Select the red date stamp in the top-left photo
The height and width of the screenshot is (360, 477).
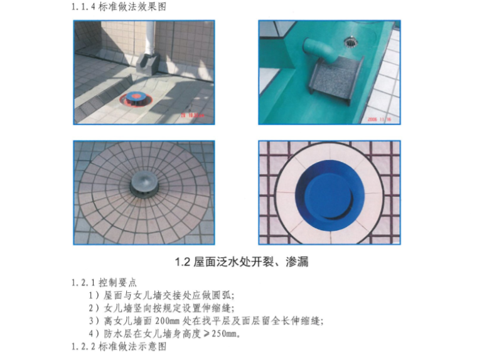192,115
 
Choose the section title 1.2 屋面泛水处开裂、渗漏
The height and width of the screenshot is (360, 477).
241,262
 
